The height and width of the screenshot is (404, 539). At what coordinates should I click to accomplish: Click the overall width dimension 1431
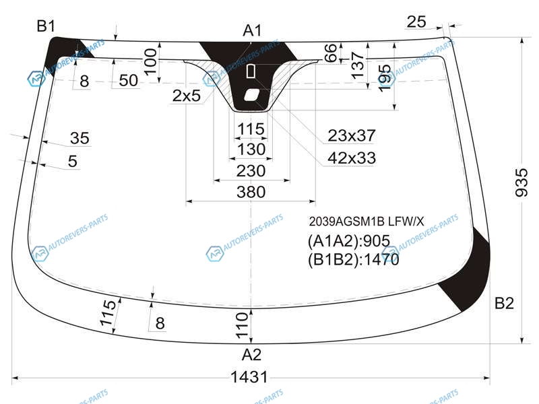point(249,377)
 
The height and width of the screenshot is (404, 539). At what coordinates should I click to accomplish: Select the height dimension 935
point(521,182)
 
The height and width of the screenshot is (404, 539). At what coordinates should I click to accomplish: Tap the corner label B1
point(46,26)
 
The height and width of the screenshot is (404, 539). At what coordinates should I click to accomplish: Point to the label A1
point(252,30)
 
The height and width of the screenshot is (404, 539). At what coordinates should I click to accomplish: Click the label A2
point(251,354)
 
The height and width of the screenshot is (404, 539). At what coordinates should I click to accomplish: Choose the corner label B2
point(504,303)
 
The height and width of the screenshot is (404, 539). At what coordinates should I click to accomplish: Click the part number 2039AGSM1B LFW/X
point(367,222)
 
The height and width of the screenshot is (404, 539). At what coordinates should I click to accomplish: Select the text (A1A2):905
point(349,241)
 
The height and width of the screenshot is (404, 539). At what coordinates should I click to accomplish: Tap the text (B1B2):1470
point(353,259)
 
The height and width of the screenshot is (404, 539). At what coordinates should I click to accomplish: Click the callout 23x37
point(351,135)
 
